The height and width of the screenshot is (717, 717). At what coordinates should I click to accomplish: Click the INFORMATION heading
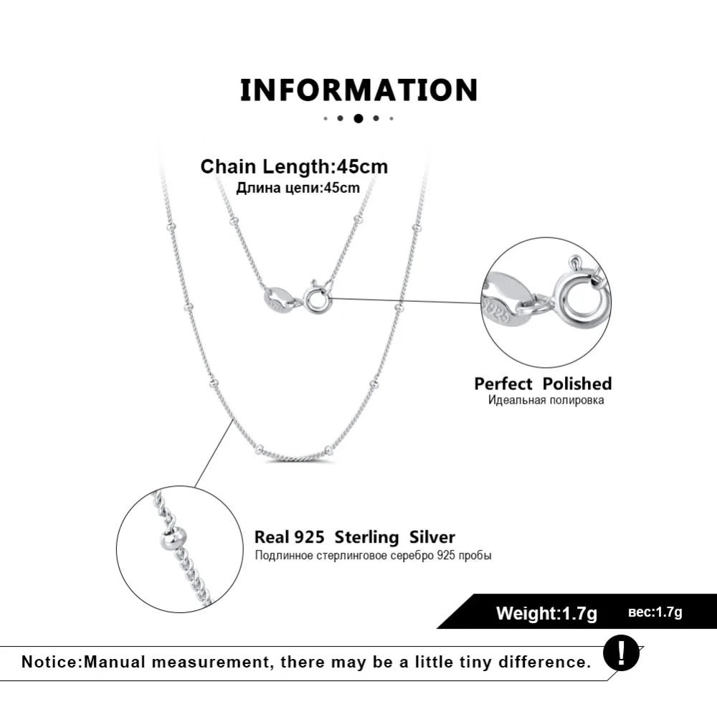click(x=358, y=90)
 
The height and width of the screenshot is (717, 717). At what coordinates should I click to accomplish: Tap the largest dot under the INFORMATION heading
click(x=358, y=118)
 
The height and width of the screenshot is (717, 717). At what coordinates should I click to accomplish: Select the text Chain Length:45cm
click(x=294, y=167)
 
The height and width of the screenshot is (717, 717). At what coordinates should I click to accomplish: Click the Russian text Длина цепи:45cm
click(x=298, y=188)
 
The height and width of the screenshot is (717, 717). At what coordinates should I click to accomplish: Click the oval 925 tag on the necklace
click(x=279, y=299)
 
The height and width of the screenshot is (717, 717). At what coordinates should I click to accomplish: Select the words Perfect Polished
click(x=543, y=384)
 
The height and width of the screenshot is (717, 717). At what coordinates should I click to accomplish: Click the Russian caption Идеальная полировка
click(x=546, y=400)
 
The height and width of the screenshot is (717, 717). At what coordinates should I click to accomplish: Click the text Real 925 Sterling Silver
click(x=355, y=537)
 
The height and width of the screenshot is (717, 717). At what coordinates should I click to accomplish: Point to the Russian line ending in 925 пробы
click(x=373, y=556)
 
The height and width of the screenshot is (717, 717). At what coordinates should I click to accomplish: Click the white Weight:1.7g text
click(x=546, y=613)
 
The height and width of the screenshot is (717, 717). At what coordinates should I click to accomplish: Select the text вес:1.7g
click(x=655, y=612)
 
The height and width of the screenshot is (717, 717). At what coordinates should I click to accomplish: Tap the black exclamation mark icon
click(x=620, y=653)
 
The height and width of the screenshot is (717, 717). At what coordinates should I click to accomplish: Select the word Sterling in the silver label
click(x=366, y=537)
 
